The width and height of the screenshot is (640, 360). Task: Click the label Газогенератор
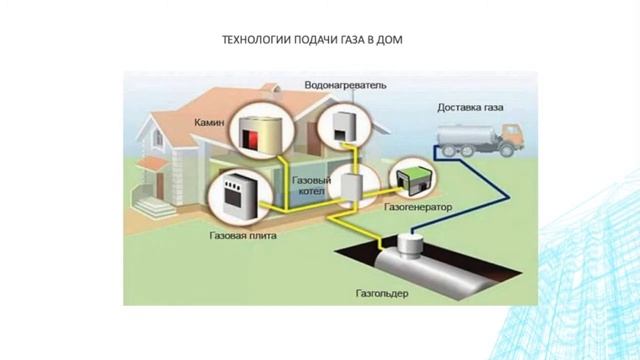(x=418, y=207)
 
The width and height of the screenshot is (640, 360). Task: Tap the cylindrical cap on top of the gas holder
(x=409, y=241)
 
